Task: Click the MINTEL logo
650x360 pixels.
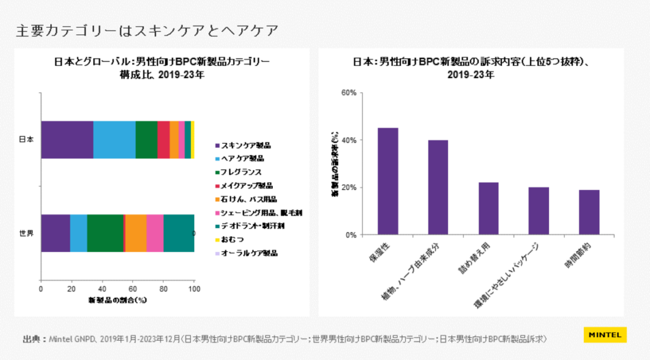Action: point(604,335)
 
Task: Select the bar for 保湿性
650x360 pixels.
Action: point(388,182)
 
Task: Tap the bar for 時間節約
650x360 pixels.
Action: point(588,213)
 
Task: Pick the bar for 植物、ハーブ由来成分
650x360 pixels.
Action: point(438,187)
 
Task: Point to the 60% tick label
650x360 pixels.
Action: point(348,93)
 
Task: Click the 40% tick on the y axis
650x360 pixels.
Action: point(348,140)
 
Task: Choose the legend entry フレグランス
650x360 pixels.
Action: point(241,172)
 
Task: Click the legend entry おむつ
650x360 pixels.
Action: point(231,239)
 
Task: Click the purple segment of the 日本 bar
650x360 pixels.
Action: point(67,139)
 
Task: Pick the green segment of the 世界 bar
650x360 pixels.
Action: point(105,233)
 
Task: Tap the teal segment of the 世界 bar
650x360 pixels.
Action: point(178,233)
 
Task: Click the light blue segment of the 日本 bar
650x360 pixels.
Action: point(114,139)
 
